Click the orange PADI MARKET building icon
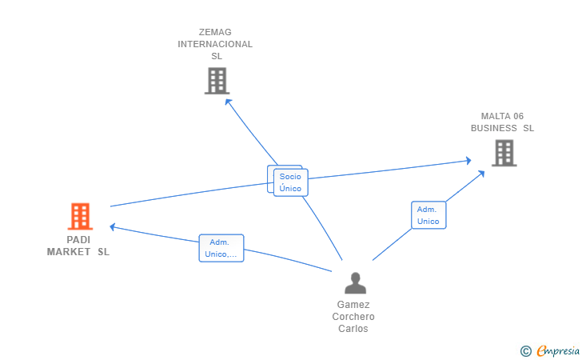(x=80, y=216)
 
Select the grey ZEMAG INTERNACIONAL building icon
(x=217, y=81)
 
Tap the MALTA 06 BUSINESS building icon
(x=504, y=153)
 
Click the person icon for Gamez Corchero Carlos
(x=355, y=283)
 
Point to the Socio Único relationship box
(x=291, y=182)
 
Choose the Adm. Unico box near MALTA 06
(x=429, y=215)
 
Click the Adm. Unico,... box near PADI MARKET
(x=221, y=248)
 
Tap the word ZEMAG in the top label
(x=215, y=32)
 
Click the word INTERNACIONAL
(x=215, y=44)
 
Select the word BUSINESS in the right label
(x=494, y=128)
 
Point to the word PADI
(x=78, y=240)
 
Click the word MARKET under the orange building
(x=68, y=252)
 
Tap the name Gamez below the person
(x=353, y=305)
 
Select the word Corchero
(x=353, y=317)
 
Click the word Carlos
(x=353, y=329)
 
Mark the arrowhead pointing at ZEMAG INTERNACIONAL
(x=228, y=102)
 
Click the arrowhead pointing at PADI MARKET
(x=113, y=226)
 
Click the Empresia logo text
(x=558, y=350)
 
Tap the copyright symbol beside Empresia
(x=525, y=351)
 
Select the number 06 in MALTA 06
(x=518, y=116)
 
